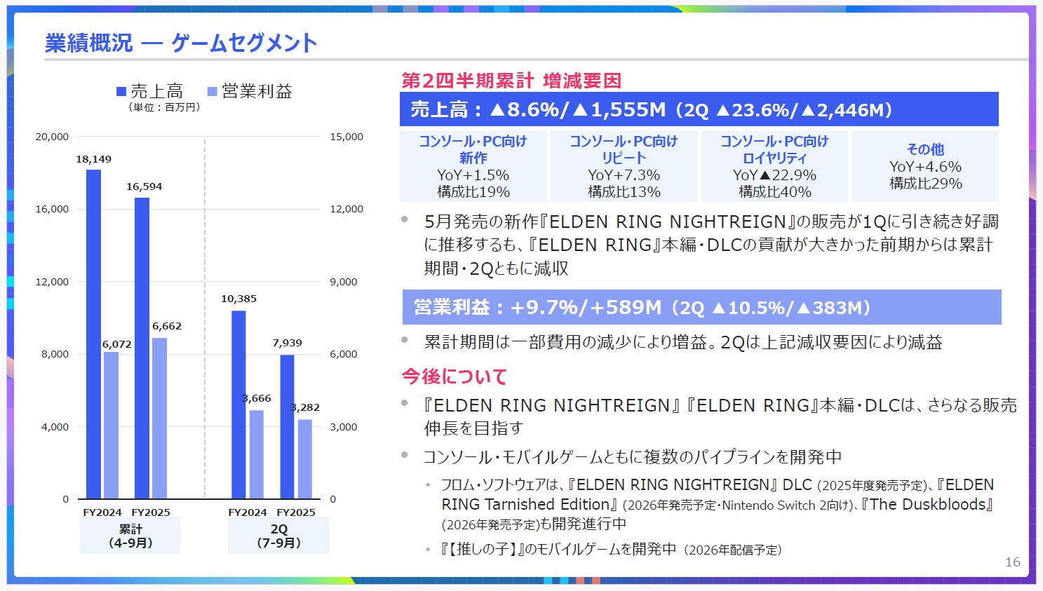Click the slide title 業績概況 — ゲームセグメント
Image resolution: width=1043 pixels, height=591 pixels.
click(181, 43)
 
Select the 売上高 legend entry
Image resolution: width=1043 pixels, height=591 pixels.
click(150, 91)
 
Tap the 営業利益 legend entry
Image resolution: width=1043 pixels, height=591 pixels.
click(250, 91)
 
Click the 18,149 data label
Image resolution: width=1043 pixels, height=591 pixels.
click(93, 159)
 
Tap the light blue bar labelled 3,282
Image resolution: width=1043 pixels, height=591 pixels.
click(304, 458)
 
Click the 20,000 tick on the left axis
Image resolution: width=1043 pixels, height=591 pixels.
click(52, 137)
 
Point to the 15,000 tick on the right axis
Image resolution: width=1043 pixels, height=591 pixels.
click(346, 137)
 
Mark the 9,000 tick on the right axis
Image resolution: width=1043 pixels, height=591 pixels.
click(344, 282)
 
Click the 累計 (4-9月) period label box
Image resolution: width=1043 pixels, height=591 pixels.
click(130, 536)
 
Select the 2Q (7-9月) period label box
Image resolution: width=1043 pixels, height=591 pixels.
click(278, 536)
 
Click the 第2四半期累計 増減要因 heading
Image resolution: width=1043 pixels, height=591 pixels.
click(511, 81)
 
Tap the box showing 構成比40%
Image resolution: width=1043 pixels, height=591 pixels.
click(774, 166)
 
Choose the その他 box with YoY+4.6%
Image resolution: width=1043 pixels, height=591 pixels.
click(925, 166)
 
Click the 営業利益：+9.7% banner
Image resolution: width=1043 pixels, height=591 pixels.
click(701, 307)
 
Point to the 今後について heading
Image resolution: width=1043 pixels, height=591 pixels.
click(454, 376)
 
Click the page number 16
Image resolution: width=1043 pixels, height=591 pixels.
click(1012, 562)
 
